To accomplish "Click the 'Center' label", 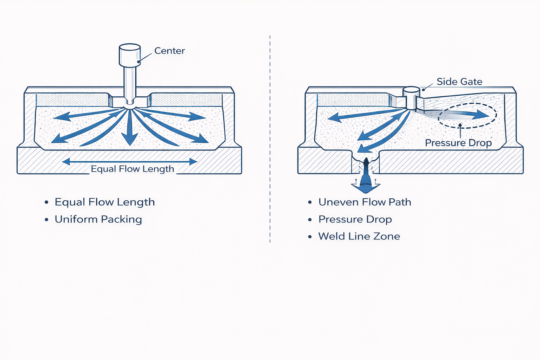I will [x=169, y=51].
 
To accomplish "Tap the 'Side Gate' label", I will [x=459, y=82].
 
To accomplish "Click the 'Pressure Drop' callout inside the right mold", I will [x=458, y=143].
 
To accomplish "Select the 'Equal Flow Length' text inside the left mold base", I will [x=132, y=169].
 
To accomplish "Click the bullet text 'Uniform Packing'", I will [x=98, y=219].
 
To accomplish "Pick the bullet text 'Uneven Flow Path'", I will [x=365, y=202].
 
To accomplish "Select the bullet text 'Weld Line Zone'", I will [x=359, y=236].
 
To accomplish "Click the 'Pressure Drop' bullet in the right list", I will [x=355, y=219].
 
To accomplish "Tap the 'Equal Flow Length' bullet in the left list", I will [x=104, y=202].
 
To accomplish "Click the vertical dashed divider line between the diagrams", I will [x=270, y=141].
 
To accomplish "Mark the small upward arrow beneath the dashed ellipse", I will [x=460, y=130].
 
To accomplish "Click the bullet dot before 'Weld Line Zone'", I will [x=310, y=237].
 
